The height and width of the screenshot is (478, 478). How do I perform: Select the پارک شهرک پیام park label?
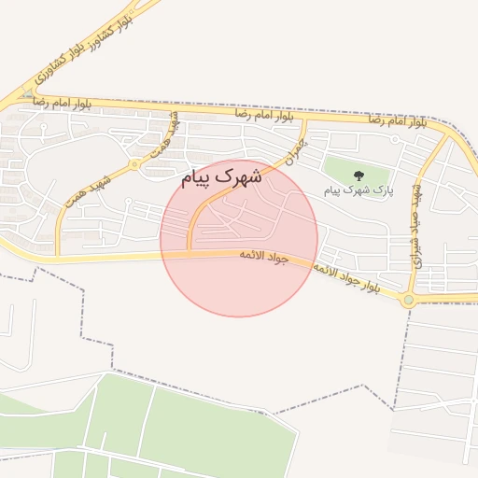(x=358, y=190)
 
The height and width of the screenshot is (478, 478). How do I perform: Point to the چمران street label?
(x=294, y=152)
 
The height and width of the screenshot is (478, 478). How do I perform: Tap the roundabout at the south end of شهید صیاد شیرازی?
(x=408, y=300)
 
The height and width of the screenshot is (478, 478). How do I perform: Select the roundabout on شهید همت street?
(x=135, y=164)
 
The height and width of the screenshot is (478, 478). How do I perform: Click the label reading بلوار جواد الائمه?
(x=345, y=278)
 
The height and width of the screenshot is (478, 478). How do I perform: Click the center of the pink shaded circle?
(x=239, y=238)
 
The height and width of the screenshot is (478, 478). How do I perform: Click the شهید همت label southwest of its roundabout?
(x=89, y=189)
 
